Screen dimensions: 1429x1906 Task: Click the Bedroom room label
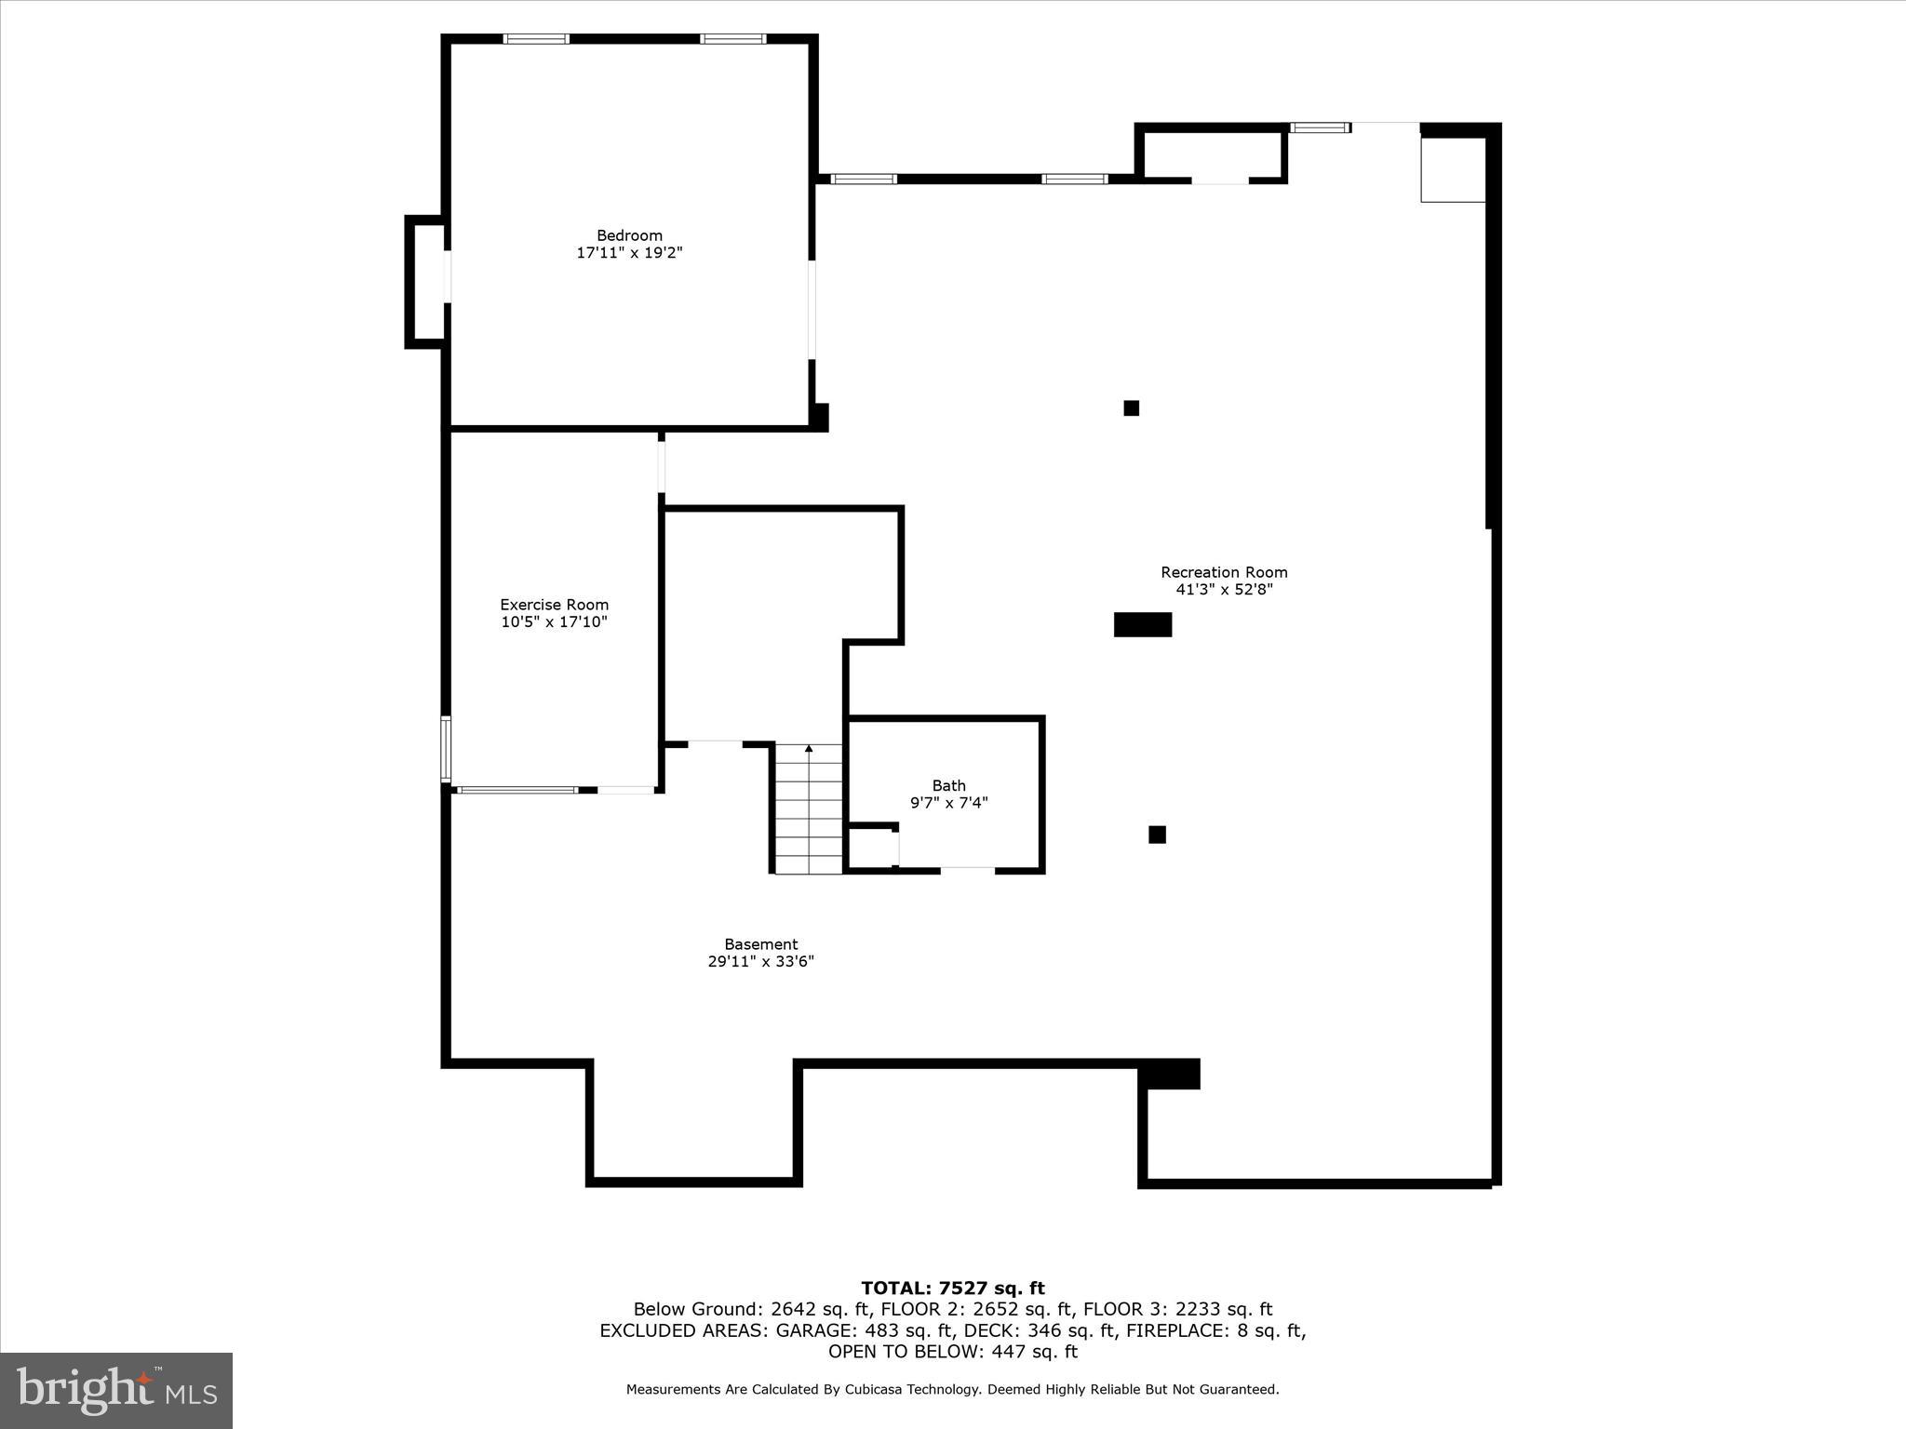point(629,235)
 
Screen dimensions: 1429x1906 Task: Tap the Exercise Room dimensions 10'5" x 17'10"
point(554,622)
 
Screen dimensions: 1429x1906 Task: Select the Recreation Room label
point(1224,572)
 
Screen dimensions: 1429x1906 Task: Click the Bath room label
point(948,785)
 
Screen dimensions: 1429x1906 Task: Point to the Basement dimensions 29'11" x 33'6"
point(760,961)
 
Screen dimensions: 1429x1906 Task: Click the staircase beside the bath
point(809,814)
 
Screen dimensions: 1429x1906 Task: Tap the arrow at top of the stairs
point(809,748)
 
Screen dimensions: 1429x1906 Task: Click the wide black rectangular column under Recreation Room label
point(1142,624)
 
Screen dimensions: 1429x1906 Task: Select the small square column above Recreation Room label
point(1131,407)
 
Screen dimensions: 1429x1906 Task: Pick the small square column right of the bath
point(1157,835)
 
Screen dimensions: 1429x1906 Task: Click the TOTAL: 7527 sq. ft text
point(952,1289)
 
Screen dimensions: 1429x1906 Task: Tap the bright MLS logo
point(116,1390)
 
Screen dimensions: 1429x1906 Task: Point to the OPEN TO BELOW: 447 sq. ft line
point(952,1352)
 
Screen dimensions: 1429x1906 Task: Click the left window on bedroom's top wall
point(536,39)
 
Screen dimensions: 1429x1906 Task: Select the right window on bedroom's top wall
point(732,39)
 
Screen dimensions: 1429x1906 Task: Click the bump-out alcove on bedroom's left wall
point(426,281)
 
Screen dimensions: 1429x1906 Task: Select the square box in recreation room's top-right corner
point(1452,169)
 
